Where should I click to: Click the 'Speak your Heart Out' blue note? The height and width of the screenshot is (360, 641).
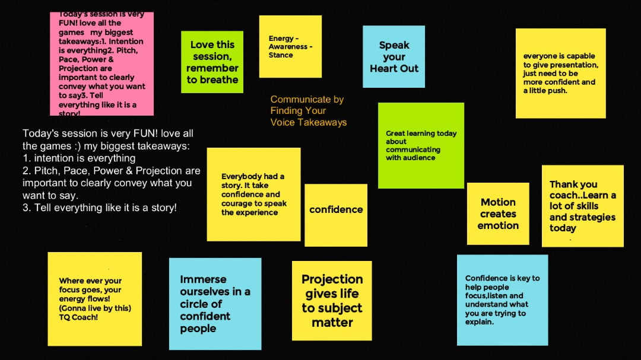[394, 56]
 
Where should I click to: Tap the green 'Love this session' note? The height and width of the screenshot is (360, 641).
[212, 62]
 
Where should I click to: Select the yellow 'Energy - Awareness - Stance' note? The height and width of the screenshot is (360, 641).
[290, 47]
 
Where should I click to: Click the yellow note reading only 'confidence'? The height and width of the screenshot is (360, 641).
[335, 215]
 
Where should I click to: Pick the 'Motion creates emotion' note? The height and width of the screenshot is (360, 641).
[498, 214]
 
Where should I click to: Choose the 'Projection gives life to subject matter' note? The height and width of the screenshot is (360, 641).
[332, 301]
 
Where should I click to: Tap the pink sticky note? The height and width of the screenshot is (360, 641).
[102, 63]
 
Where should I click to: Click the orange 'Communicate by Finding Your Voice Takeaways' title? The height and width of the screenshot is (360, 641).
[309, 111]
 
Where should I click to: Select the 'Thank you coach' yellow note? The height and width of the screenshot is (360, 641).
[583, 206]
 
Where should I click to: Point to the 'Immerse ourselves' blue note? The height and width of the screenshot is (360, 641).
[215, 304]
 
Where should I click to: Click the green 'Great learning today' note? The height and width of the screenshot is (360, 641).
[421, 145]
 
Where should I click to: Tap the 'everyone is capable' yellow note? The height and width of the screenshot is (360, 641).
[560, 74]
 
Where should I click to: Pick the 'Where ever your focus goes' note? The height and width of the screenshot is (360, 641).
[95, 299]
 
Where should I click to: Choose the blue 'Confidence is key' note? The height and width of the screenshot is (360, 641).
[503, 300]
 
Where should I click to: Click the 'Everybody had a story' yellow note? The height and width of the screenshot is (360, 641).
[253, 195]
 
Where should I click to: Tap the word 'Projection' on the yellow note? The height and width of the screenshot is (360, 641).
[332, 279]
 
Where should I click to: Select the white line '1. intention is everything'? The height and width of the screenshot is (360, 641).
[79, 158]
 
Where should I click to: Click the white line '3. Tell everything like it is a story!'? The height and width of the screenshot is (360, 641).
[99, 208]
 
